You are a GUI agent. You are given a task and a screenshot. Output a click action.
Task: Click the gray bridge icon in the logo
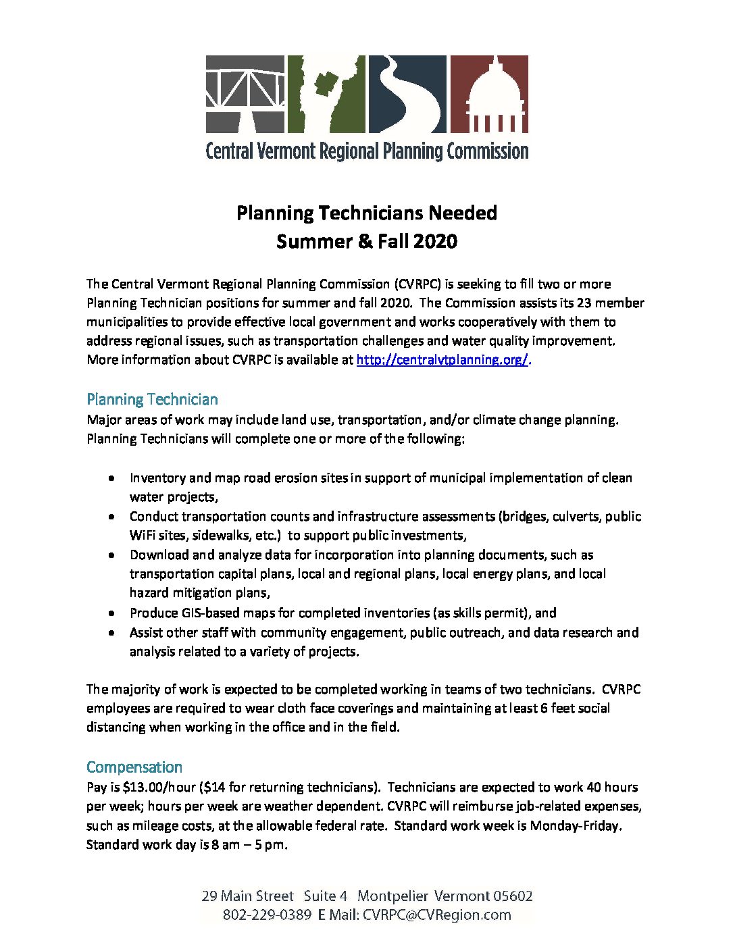245,94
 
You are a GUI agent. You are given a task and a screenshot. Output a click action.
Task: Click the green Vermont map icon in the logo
326,94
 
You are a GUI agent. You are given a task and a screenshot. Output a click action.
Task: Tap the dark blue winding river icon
407,94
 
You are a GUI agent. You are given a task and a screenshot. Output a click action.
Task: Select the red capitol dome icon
488,94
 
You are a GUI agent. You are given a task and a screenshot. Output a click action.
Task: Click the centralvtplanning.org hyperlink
442,360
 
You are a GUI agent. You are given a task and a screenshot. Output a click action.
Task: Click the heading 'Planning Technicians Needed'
367,213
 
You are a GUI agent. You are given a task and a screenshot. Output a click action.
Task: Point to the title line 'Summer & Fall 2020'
367,242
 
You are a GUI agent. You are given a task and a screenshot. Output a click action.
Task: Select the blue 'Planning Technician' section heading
152,399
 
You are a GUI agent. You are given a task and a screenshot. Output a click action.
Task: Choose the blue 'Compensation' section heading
134,767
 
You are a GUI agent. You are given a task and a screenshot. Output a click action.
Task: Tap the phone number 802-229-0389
267,915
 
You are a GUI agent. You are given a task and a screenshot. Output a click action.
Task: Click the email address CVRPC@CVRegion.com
436,915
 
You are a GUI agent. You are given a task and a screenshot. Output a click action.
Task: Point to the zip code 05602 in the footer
513,896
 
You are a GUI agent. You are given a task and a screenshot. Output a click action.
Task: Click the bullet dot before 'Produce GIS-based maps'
111,613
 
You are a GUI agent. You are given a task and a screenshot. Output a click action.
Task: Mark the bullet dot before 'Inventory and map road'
111,478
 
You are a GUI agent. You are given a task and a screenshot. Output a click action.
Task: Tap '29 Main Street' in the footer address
247,896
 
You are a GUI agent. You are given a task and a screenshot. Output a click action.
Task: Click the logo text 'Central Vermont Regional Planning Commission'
367,151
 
